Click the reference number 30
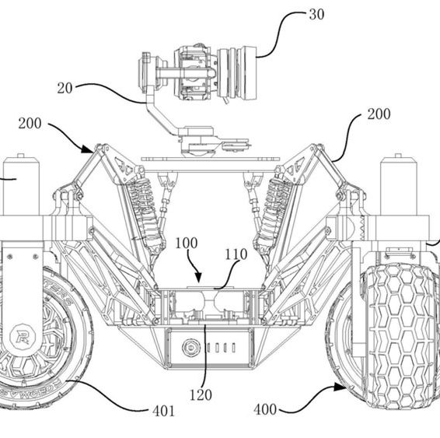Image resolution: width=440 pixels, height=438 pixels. tap(316, 14)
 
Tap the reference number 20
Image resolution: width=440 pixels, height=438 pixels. tap(65, 88)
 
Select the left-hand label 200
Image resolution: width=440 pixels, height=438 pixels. tap(30, 123)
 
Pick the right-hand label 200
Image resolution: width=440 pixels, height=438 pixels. tap(379, 114)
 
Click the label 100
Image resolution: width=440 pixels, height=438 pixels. tap(187, 243)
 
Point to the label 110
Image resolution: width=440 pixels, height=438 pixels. tap(236, 254)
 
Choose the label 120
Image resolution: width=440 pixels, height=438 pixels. tap(201, 395)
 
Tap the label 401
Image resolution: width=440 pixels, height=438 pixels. tap(163, 412)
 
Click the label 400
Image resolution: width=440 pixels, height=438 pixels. tap(265, 410)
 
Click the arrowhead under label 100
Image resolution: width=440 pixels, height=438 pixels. tap(198, 278)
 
